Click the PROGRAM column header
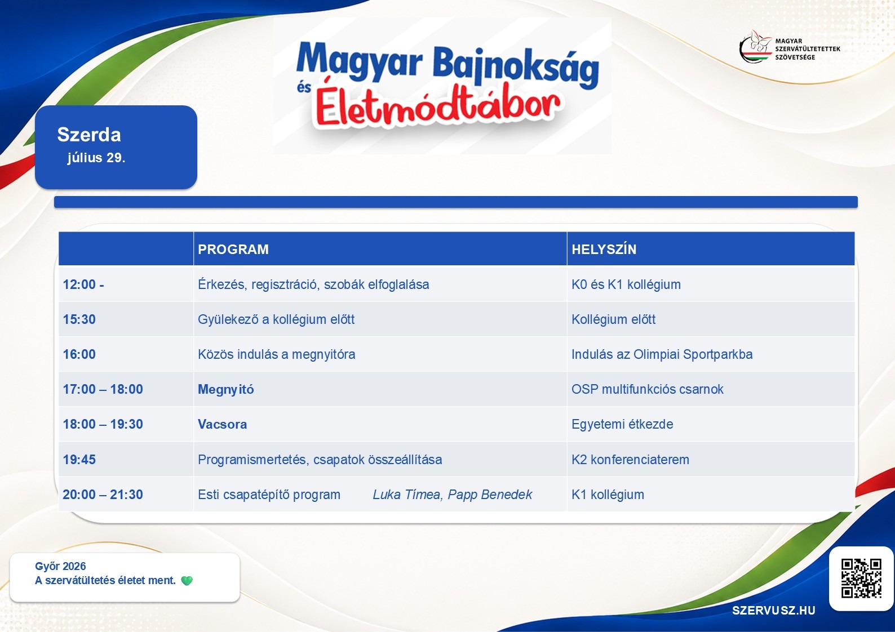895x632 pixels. click(233, 249)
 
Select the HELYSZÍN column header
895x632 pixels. click(604, 249)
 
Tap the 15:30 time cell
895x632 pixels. click(79, 319)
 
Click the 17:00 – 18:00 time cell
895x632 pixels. click(103, 389)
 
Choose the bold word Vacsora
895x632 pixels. click(222, 424)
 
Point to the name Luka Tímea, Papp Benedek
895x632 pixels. click(453, 495)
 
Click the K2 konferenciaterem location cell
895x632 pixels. click(630, 460)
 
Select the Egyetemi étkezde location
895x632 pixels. click(622, 424)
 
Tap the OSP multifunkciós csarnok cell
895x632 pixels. click(647, 389)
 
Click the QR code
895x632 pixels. click(861, 578)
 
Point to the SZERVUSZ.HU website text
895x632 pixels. click(773, 611)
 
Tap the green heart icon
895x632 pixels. click(187, 581)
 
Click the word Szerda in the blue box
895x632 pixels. click(88, 135)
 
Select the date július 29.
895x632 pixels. click(96, 158)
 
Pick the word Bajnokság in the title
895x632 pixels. click(516, 66)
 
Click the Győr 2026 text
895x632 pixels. click(60, 566)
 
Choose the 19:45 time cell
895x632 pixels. click(79, 460)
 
